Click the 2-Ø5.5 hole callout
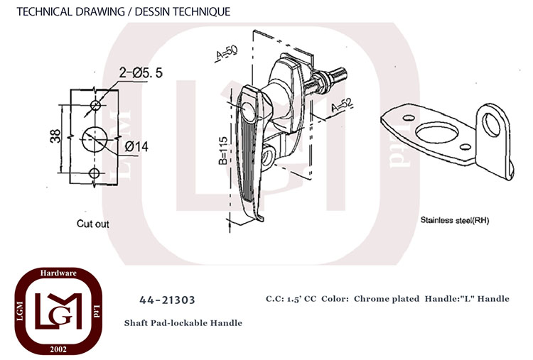tap(141, 72)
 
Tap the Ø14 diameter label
tap(136, 147)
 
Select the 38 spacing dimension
tap(55, 136)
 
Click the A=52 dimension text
tap(343, 105)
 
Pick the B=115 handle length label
tap(223, 151)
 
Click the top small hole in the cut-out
tap(95, 105)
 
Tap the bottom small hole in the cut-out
tap(94, 173)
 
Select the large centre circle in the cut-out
tap(95, 139)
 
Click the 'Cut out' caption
tap(93, 224)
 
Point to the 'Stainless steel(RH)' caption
tap(455, 220)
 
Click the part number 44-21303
tap(167, 300)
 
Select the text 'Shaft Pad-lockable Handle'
tap(183, 322)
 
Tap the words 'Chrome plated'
tap(387, 299)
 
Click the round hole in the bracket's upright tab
tap(491, 125)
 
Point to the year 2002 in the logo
tap(58, 349)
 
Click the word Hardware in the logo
tap(58, 273)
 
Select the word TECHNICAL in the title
tap(45, 11)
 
